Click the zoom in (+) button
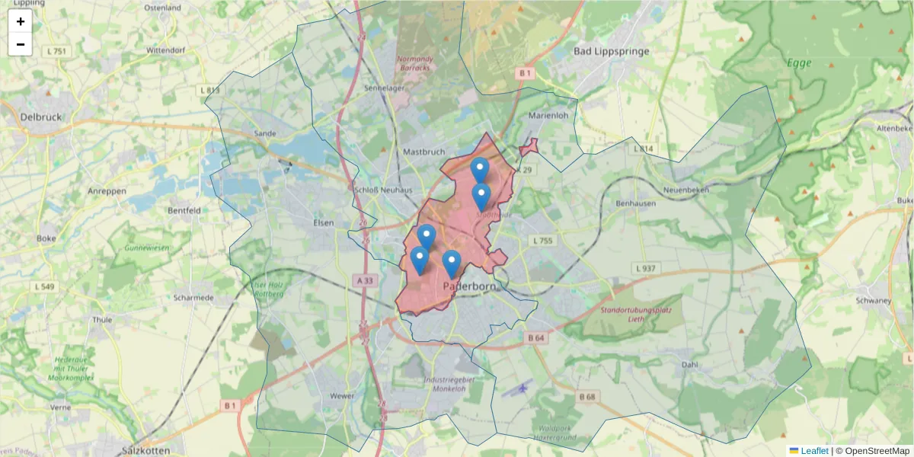(x=21, y=21)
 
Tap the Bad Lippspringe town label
(x=611, y=51)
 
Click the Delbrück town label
(x=42, y=117)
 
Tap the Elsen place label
(x=324, y=222)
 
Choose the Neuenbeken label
(x=686, y=189)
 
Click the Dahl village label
(x=690, y=365)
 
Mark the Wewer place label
(x=342, y=396)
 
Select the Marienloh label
(x=548, y=116)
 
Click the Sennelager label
(x=385, y=88)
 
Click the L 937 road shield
(x=644, y=269)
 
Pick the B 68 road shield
(x=586, y=397)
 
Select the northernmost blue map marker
(x=479, y=169)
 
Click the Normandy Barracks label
(x=414, y=63)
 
